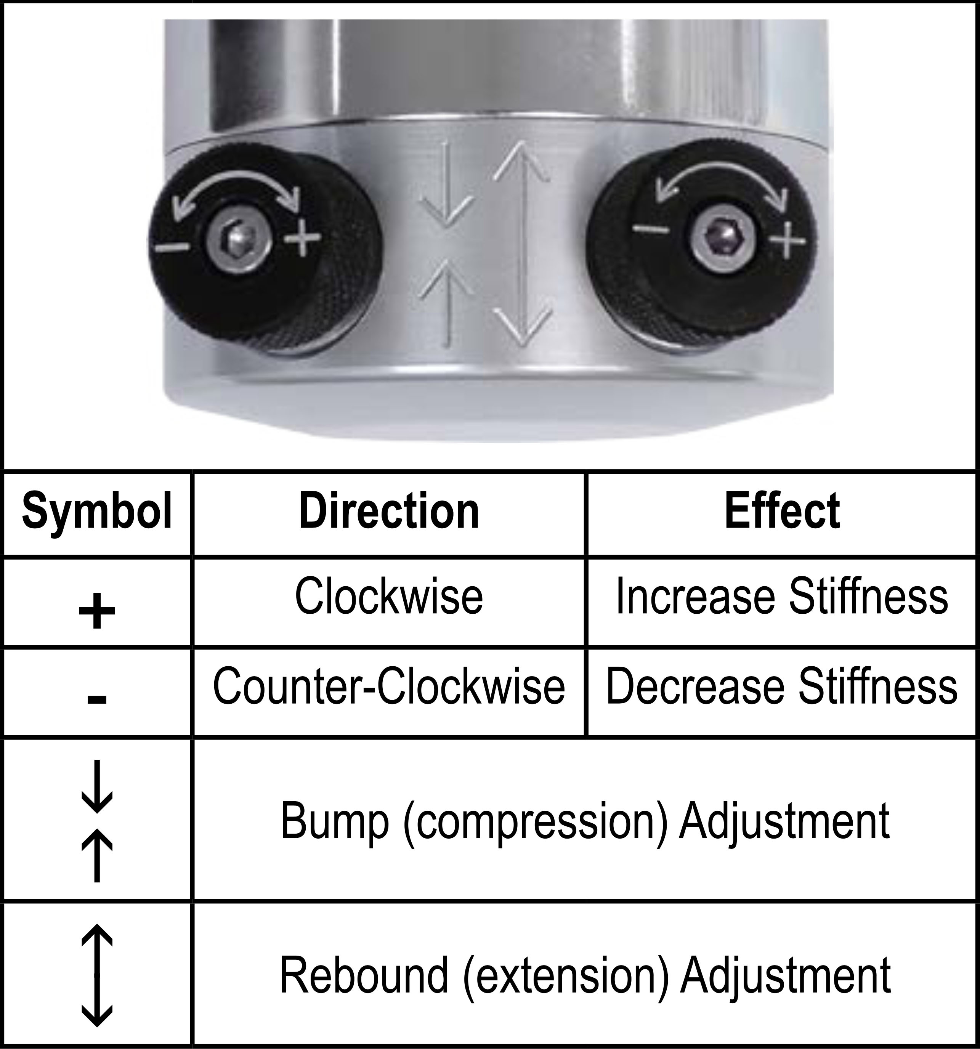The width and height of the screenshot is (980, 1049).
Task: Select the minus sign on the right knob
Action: click(x=651, y=228)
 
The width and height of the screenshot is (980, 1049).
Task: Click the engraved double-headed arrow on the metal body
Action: click(x=523, y=243)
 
